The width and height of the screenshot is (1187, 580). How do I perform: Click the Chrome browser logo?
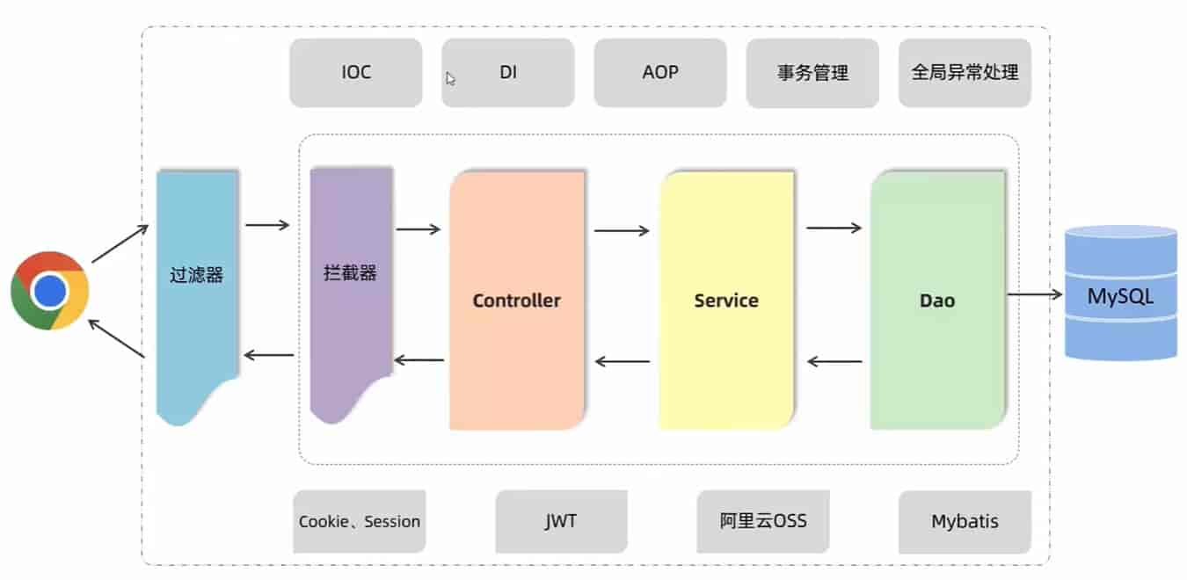[50, 291]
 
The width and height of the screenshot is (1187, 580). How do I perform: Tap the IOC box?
[356, 73]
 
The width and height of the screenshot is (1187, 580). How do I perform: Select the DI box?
[508, 73]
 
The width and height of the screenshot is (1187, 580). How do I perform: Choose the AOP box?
[660, 73]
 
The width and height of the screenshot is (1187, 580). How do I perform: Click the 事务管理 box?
[812, 73]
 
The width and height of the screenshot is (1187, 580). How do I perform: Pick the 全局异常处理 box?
[965, 73]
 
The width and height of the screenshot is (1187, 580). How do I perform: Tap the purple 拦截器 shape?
[350, 273]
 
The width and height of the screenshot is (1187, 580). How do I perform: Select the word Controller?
[516, 301]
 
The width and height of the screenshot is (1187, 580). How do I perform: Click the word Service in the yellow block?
[726, 301]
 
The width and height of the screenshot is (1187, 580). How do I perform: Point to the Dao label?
[937, 301]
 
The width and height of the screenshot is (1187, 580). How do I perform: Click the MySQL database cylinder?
[1120, 294]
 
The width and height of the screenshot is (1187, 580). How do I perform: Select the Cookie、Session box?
[360, 522]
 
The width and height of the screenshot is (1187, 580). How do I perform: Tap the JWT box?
[561, 522]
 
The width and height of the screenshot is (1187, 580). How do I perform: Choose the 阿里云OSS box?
[763, 522]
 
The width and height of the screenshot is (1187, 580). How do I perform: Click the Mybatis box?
[965, 522]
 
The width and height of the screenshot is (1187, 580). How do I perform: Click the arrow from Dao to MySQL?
[1035, 294]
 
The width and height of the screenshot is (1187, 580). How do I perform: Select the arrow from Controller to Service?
[622, 231]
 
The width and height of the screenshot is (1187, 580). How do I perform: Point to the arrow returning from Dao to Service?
[834, 361]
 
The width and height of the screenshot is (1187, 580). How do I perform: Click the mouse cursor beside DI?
[450, 79]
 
